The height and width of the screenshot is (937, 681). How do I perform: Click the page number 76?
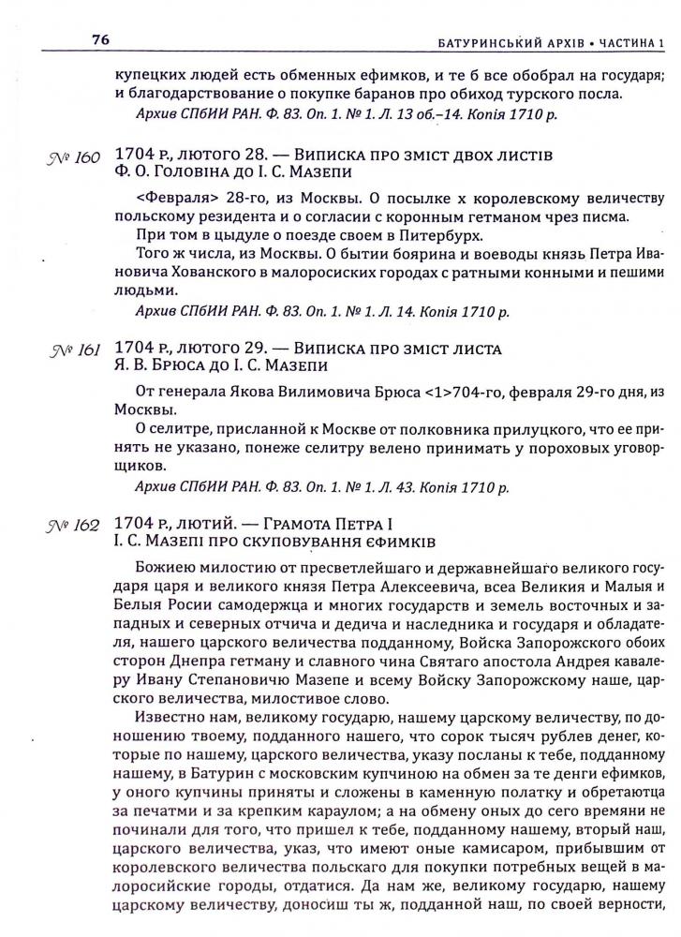tap(101, 40)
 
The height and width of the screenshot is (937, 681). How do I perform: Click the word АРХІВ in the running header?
tap(553, 42)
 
